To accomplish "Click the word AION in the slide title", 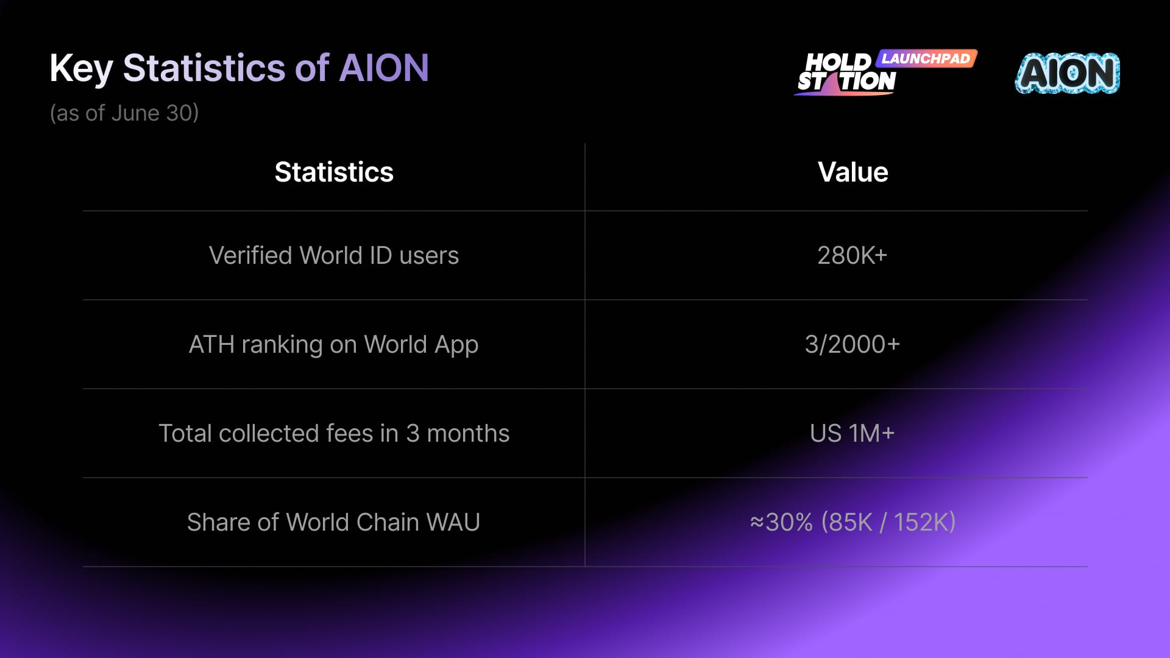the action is coord(384,68).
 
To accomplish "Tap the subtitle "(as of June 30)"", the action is coord(124,113).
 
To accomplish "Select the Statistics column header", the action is coord(334,172).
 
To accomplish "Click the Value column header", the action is coord(853,172).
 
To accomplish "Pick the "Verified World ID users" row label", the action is coord(334,255).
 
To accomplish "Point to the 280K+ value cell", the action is coord(852,255).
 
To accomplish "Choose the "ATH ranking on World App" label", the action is coord(334,345).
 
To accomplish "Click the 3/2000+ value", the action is coord(852,344).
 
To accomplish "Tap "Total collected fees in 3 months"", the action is coord(334,433).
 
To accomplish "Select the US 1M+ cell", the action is coord(852,433).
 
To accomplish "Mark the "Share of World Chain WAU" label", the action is coord(333,522).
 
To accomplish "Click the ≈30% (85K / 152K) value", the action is coord(853,522).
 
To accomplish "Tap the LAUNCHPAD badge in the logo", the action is coord(926,58).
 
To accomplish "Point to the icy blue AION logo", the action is coord(1067,73).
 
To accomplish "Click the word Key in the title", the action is coord(81,69).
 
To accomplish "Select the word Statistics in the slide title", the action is coord(204,68).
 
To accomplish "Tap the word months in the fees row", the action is coord(468,433).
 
